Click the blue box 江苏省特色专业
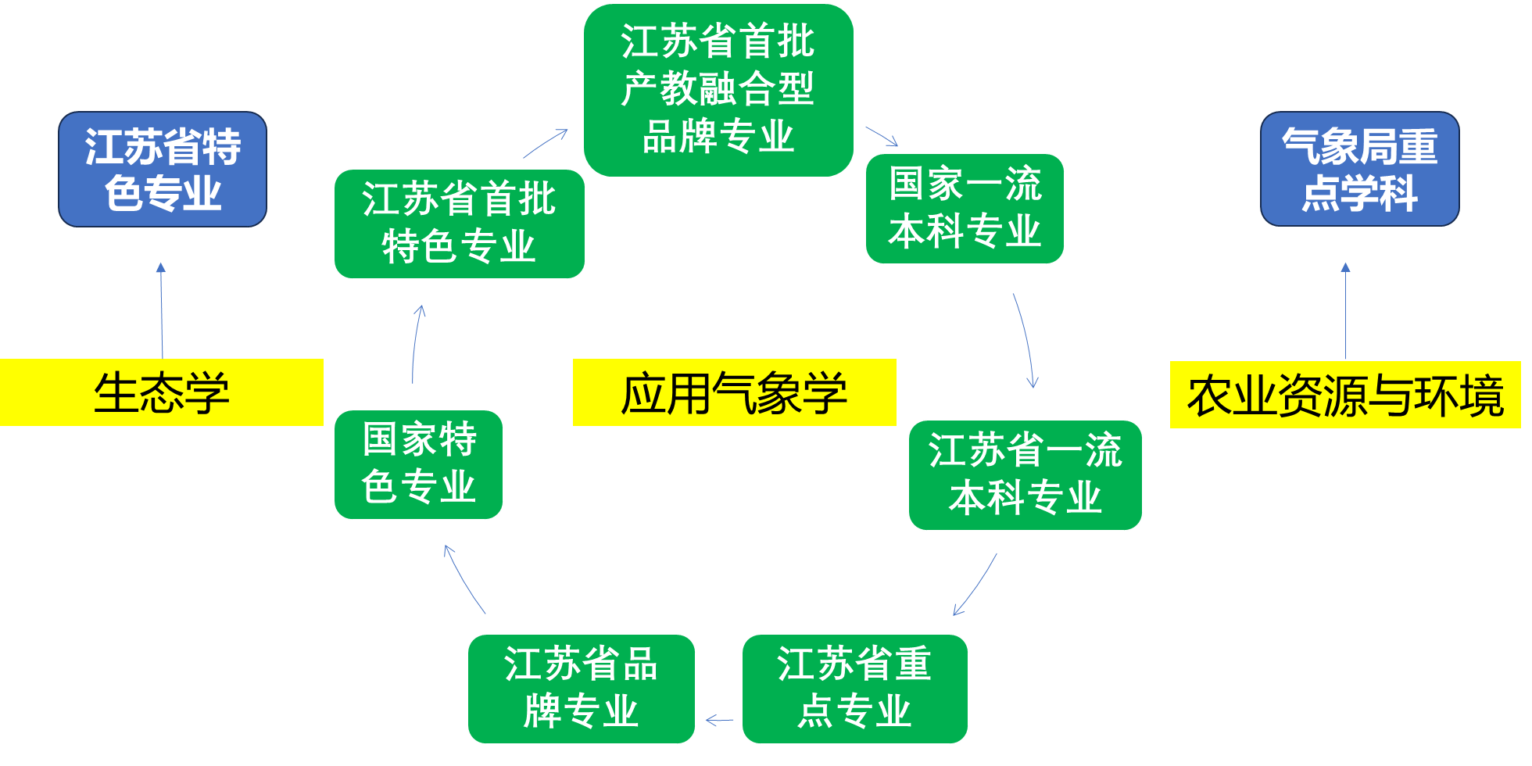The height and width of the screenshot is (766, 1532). [163, 169]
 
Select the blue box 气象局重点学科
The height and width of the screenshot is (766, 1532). [1359, 169]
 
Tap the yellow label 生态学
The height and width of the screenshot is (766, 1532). [162, 392]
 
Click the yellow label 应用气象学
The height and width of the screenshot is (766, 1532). [734, 392]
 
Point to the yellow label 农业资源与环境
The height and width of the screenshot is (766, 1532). [1344, 395]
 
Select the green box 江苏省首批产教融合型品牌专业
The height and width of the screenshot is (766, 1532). [718, 90]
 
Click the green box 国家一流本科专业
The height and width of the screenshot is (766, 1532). [965, 209]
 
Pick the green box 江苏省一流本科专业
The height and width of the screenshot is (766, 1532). [1025, 475]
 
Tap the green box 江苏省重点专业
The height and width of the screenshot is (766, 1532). [854, 689]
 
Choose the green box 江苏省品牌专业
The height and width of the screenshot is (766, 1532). [581, 689]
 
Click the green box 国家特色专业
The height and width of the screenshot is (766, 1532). [418, 464]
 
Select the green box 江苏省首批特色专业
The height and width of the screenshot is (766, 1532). [459, 224]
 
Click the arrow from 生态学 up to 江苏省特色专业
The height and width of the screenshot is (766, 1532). [162, 310]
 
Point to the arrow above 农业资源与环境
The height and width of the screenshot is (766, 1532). [1345, 310]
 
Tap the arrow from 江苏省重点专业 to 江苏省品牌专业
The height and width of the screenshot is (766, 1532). [719, 721]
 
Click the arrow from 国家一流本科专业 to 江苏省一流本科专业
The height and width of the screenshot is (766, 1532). [1026, 340]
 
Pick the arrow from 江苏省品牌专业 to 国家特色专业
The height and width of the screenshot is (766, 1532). [464, 579]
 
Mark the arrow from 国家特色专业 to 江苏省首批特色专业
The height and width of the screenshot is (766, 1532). [415, 344]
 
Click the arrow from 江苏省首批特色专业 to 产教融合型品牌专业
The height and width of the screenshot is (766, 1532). [546, 143]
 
